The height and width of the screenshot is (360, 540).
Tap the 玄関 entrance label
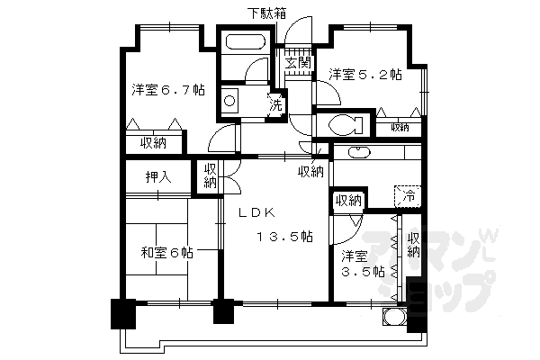click(x=298, y=63)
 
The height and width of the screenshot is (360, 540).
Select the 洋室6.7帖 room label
click(x=167, y=90)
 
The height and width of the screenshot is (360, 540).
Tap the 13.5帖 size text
click(x=283, y=237)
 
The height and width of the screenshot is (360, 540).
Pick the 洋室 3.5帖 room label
click(x=362, y=262)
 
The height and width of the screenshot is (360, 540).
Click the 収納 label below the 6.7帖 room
click(x=153, y=143)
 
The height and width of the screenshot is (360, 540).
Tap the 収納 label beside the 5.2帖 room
click(x=398, y=128)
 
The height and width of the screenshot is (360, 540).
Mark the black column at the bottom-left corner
click(x=121, y=313)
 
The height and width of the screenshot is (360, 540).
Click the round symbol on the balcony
click(x=392, y=317)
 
